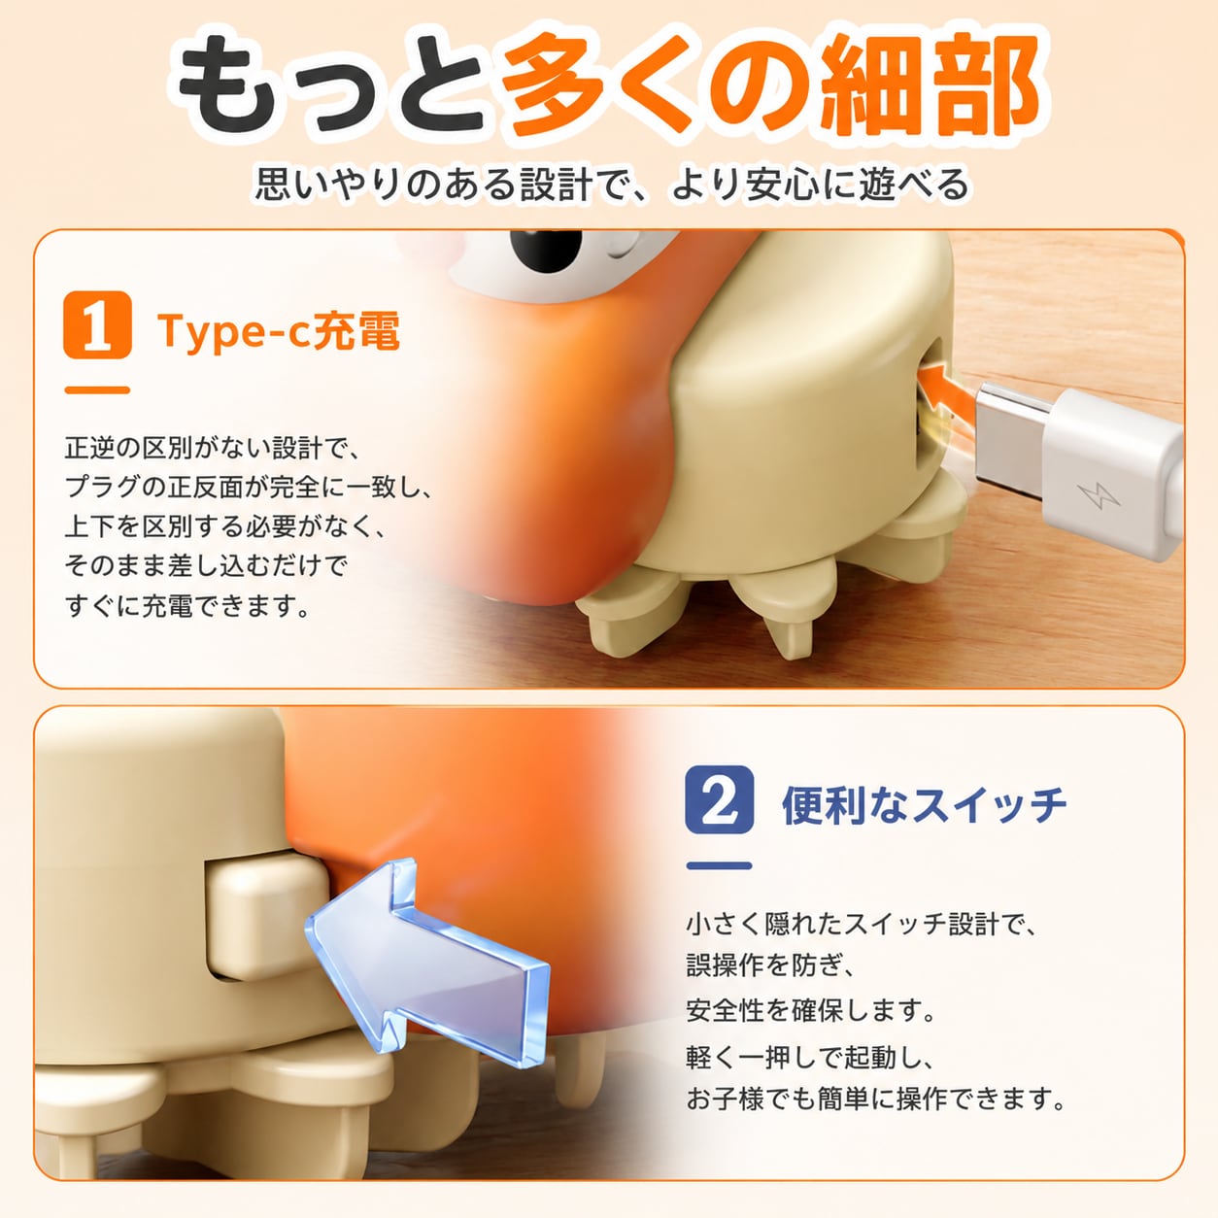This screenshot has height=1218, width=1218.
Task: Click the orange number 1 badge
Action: (x=97, y=324)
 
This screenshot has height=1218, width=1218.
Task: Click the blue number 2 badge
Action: (x=720, y=799)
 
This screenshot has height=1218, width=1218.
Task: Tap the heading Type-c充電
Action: (x=279, y=330)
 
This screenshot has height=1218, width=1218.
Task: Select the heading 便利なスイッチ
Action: (x=925, y=805)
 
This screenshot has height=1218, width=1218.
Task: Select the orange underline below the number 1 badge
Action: (x=97, y=390)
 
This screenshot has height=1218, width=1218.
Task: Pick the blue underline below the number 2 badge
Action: (x=720, y=865)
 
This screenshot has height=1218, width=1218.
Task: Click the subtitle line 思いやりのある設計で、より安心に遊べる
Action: (x=611, y=184)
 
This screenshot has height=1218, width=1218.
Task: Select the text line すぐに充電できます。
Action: (x=187, y=605)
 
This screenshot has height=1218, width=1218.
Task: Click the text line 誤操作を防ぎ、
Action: (x=772, y=965)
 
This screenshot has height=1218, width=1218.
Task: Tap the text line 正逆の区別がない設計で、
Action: (x=213, y=448)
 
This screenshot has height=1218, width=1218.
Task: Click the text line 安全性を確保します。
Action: (x=811, y=1010)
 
